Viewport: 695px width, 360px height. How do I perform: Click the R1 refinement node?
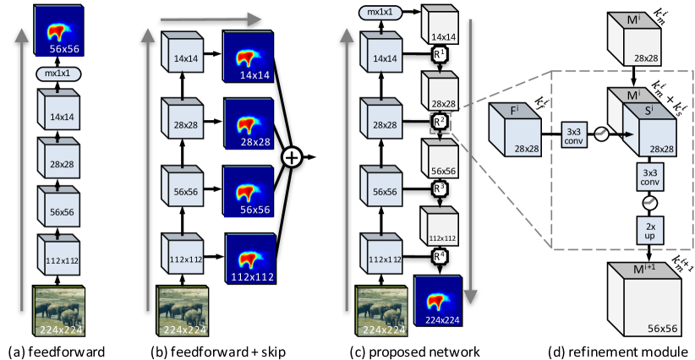coord(439,54)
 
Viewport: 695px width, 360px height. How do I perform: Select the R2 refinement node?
coord(439,122)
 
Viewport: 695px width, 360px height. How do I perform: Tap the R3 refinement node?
coord(439,188)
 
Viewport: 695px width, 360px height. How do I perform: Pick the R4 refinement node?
coord(439,256)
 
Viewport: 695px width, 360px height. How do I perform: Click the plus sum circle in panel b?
coord(292,157)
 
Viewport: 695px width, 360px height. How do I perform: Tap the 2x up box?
coord(650,231)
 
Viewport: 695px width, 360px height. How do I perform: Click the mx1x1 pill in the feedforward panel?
coord(57,74)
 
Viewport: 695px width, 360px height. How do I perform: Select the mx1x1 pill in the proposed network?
coord(380,13)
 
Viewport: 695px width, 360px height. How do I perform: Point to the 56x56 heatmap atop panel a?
coord(58,30)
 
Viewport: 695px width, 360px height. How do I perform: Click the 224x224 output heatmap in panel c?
coord(438,301)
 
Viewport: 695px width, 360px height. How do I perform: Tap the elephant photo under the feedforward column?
coord(58,311)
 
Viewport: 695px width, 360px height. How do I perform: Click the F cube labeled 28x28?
coord(514,129)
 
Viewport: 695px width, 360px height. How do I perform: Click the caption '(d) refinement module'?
coord(618,352)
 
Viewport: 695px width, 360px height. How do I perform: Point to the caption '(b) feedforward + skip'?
coord(218,352)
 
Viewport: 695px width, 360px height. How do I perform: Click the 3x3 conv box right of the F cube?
coord(574,135)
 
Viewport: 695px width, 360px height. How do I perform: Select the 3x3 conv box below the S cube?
coord(650,177)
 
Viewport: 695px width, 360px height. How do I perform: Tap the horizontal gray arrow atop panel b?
coord(211,19)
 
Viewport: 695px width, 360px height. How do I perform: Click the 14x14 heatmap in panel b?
coord(249,57)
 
